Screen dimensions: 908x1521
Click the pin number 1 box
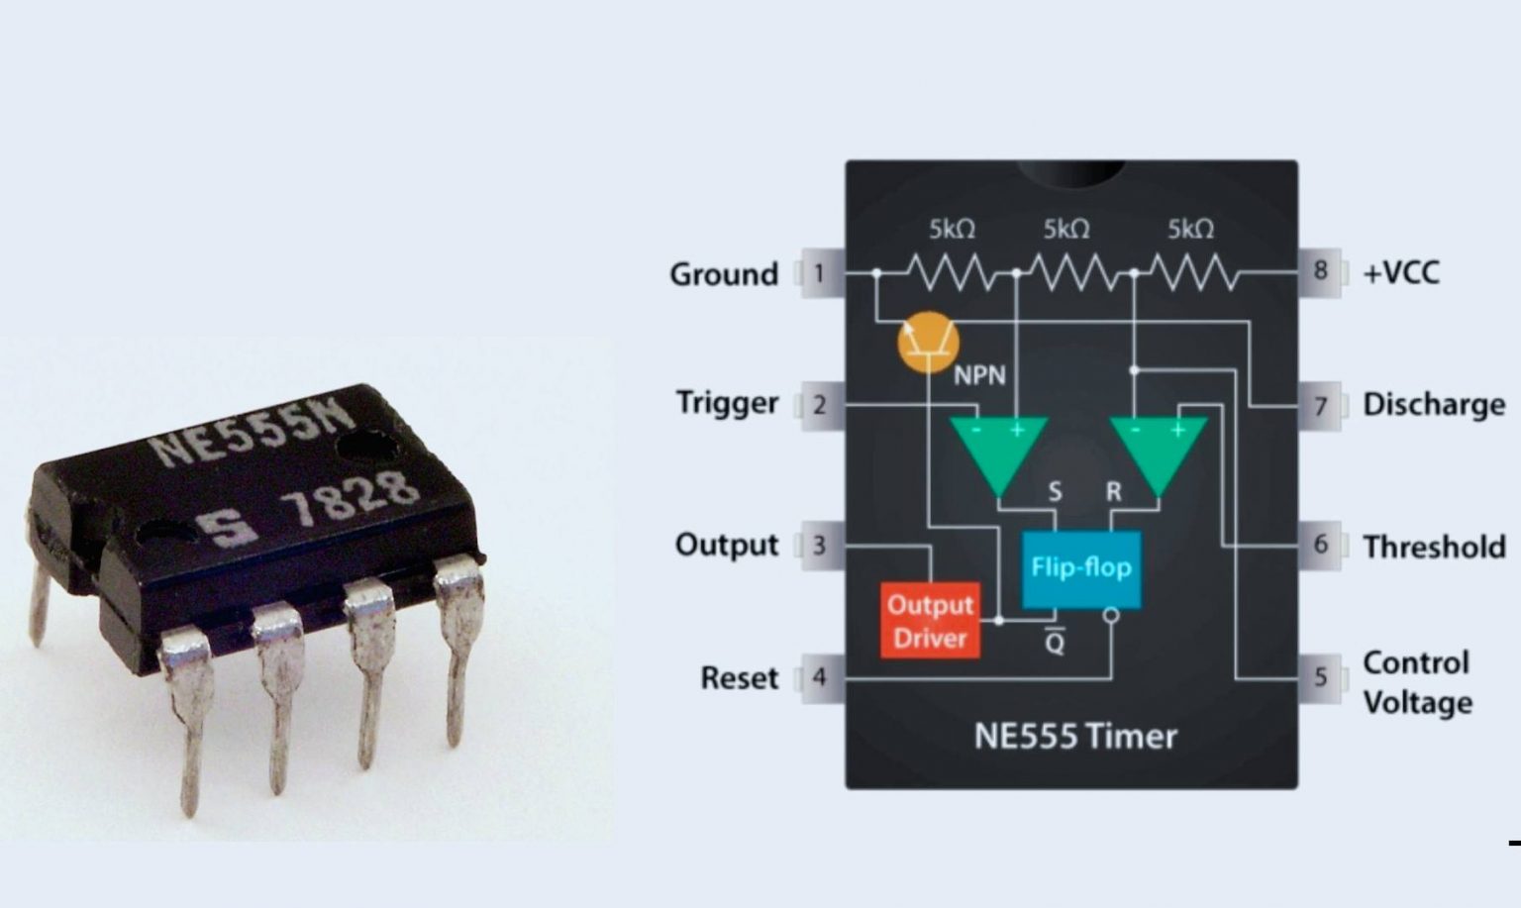pos(819,272)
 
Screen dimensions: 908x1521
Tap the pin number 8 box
pos(1320,270)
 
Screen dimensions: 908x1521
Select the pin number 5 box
pos(1320,677)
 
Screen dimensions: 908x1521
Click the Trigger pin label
pos(727,403)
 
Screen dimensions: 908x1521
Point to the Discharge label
pos(1433,404)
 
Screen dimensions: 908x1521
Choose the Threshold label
pos(1433,547)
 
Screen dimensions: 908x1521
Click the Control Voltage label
pos(1416,682)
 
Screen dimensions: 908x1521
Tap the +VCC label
pos(1400,272)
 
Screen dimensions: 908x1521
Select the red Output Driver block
pos(930,621)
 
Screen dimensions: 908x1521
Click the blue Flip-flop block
pos(1080,568)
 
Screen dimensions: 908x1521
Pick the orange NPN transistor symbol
pos(928,342)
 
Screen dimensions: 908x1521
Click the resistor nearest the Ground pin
pos(952,271)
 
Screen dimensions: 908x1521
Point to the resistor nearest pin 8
pos(1191,271)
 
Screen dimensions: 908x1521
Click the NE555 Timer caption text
pos(1075,737)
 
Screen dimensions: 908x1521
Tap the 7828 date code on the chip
pos(348,501)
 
